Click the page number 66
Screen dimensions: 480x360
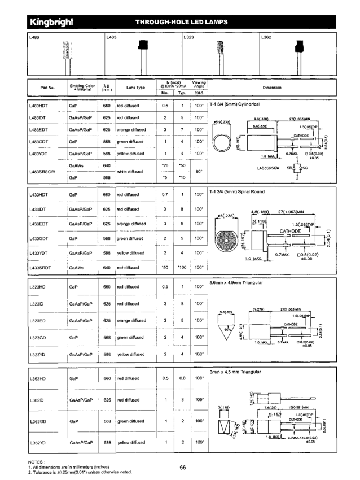click(x=183, y=467)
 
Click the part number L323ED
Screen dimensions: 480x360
click(x=37, y=321)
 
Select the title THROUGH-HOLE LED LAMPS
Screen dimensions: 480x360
click(x=182, y=23)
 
